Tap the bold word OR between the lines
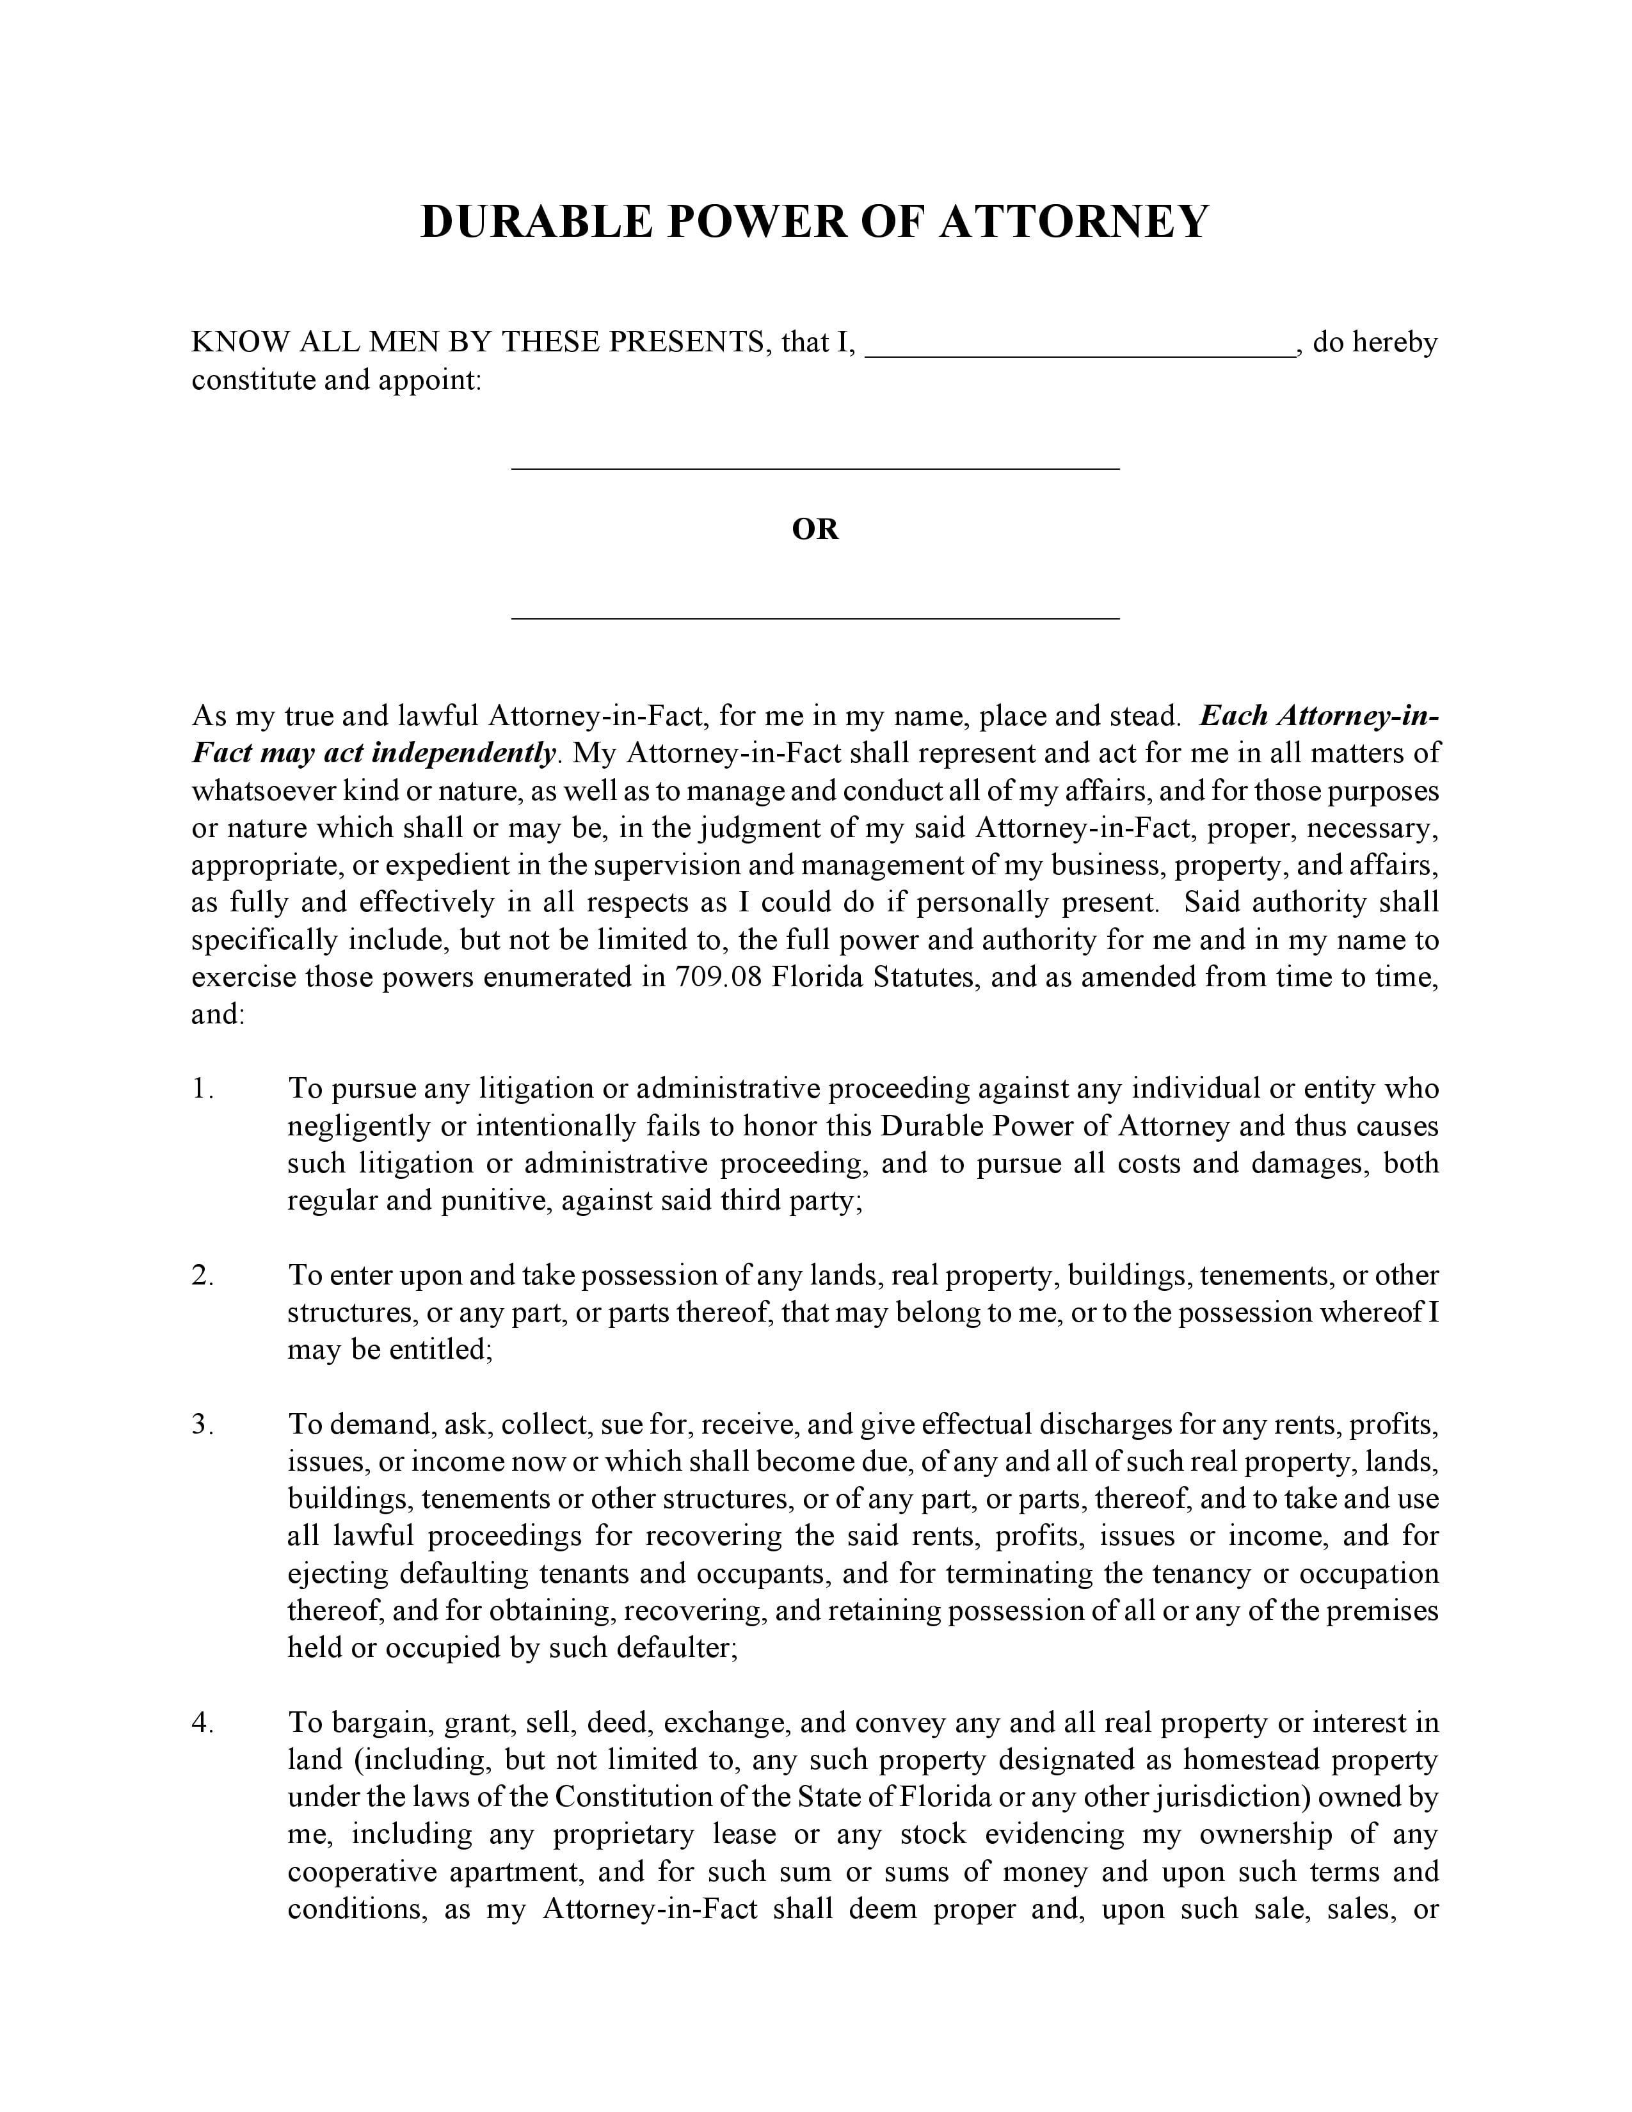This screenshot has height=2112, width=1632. (815, 530)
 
